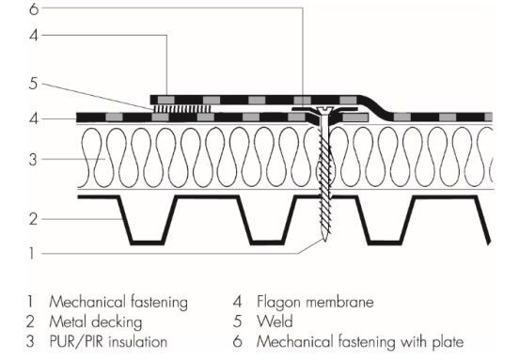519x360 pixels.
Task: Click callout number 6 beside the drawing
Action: tap(34, 9)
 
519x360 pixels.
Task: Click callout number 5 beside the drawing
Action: tap(33, 84)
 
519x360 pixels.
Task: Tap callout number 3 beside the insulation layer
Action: tap(33, 160)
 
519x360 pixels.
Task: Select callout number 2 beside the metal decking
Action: tap(33, 219)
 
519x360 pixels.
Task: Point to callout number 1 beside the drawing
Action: tap(32, 254)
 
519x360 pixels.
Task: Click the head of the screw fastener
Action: tap(324, 109)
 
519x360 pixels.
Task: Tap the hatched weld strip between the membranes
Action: tap(182, 109)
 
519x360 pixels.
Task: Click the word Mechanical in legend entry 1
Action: tap(87, 302)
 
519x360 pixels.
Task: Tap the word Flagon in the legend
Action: tap(277, 303)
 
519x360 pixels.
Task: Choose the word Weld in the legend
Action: tap(275, 321)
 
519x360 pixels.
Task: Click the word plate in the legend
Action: tap(448, 342)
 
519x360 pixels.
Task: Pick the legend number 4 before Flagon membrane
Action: tap(237, 302)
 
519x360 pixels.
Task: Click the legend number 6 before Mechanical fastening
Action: tap(237, 341)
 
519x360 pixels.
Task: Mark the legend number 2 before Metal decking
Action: tap(30, 321)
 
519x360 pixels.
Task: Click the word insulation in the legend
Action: tap(137, 341)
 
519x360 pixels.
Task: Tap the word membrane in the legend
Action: tap(339, 302)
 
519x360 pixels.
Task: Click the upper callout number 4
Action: tap(34, 35)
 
